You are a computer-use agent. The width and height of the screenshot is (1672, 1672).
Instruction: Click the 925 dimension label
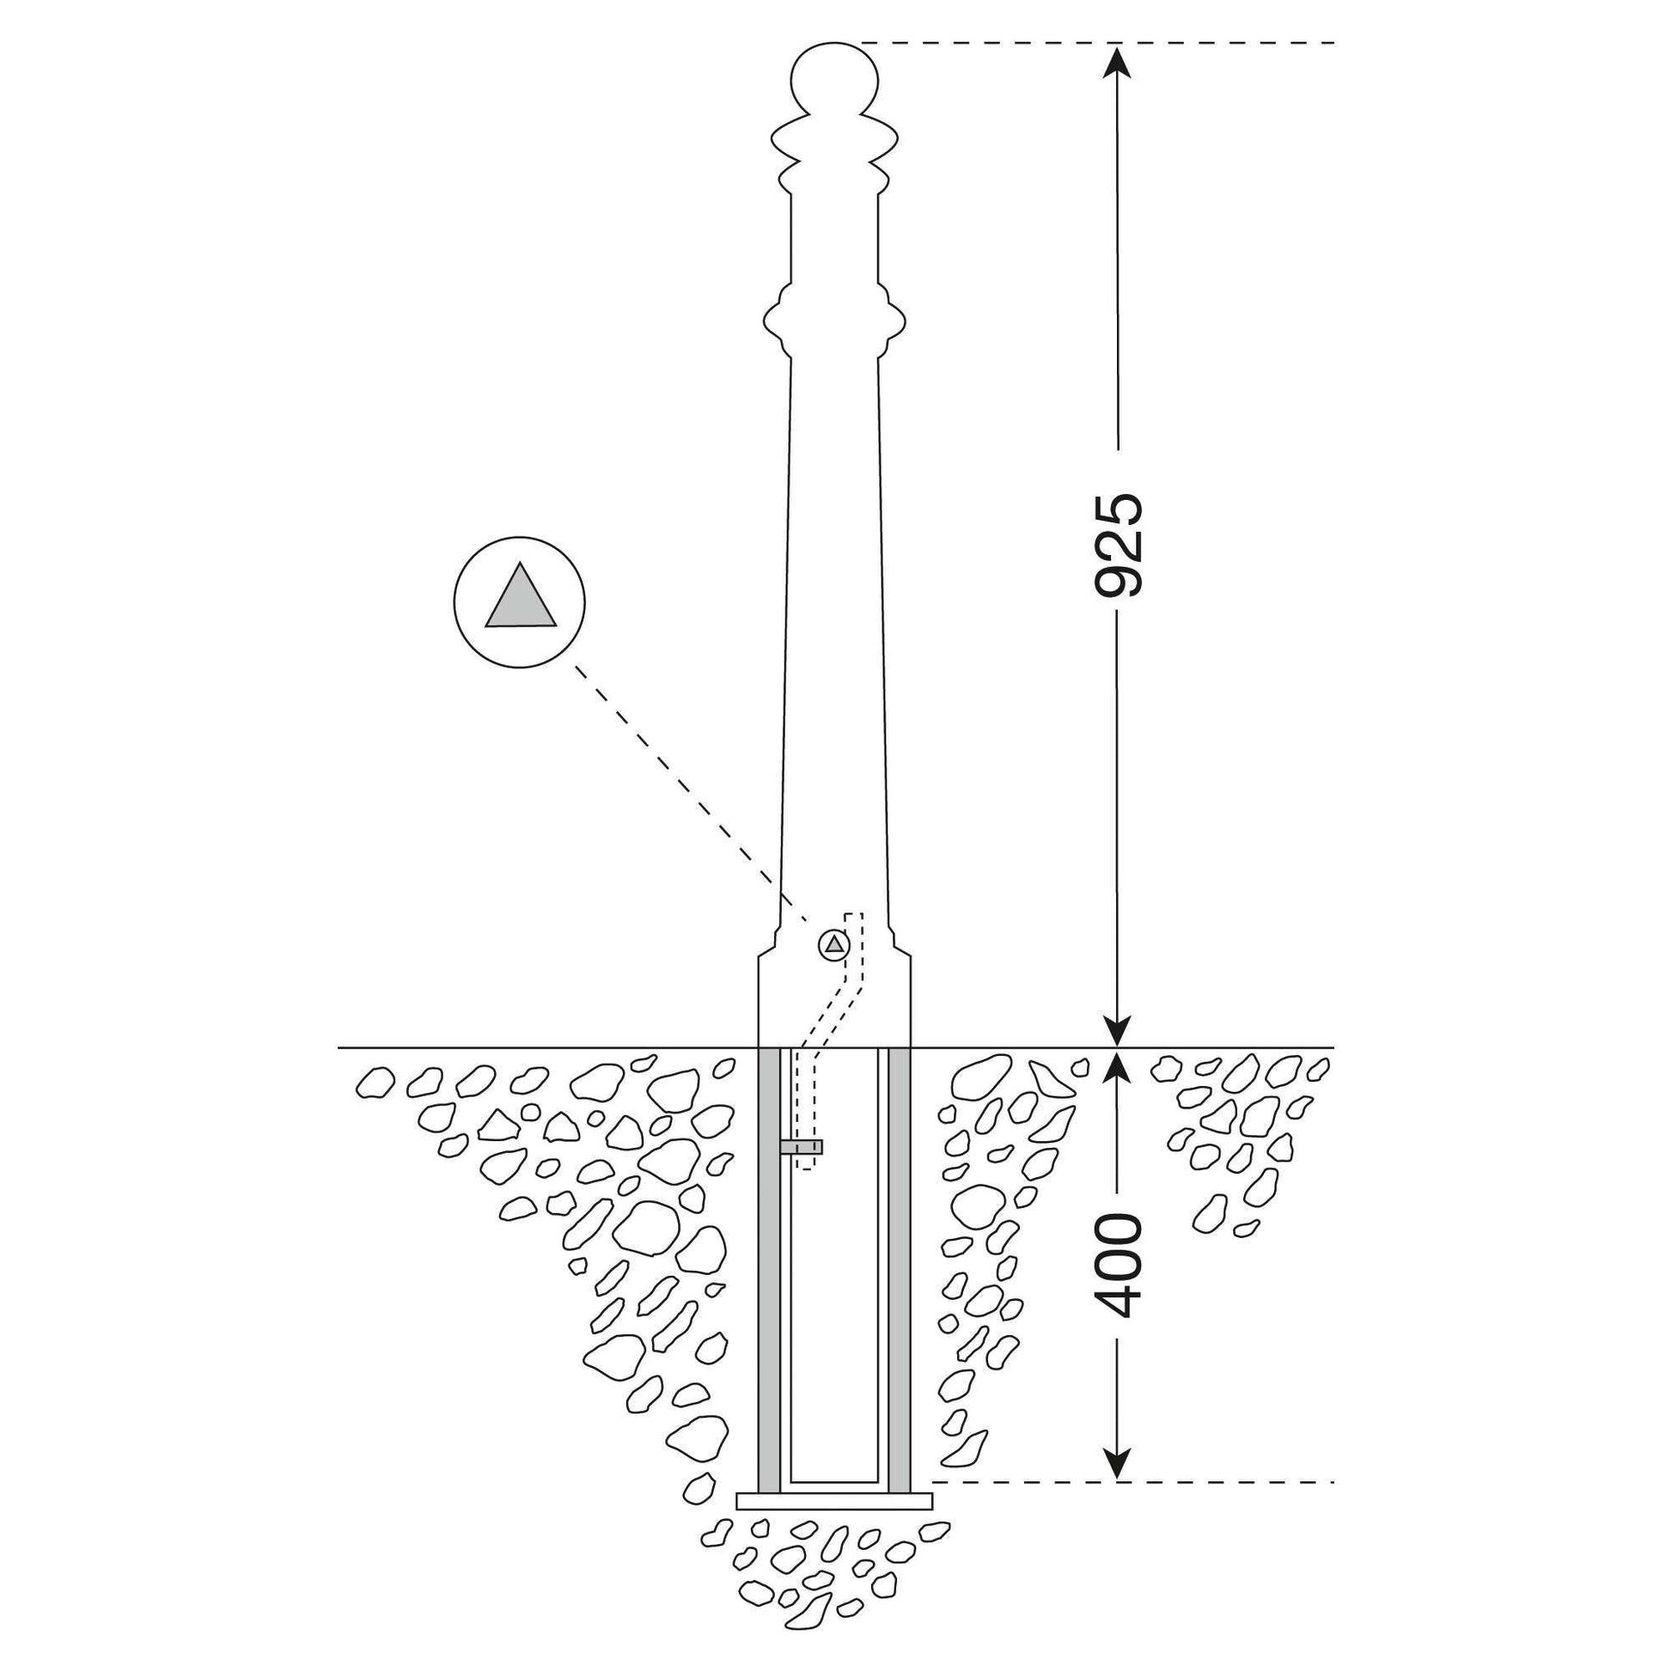click(x=1119, y=546)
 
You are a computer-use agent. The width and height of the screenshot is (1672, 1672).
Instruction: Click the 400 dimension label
click(x=1119, y=1270)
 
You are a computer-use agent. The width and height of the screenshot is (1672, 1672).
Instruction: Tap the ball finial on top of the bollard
click(x=834, y=79)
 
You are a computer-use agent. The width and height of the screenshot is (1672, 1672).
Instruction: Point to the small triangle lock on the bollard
click(x=834, y=944)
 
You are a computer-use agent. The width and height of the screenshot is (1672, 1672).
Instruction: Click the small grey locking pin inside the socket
click(x=802, y=1148)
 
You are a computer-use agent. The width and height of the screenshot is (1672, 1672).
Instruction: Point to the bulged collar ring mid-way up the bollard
click(x=834, y=322)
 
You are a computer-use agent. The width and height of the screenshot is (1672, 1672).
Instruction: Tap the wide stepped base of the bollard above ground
click(x=834, y=999)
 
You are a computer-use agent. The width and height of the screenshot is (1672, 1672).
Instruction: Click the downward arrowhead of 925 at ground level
click(x=1119, y=1028)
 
